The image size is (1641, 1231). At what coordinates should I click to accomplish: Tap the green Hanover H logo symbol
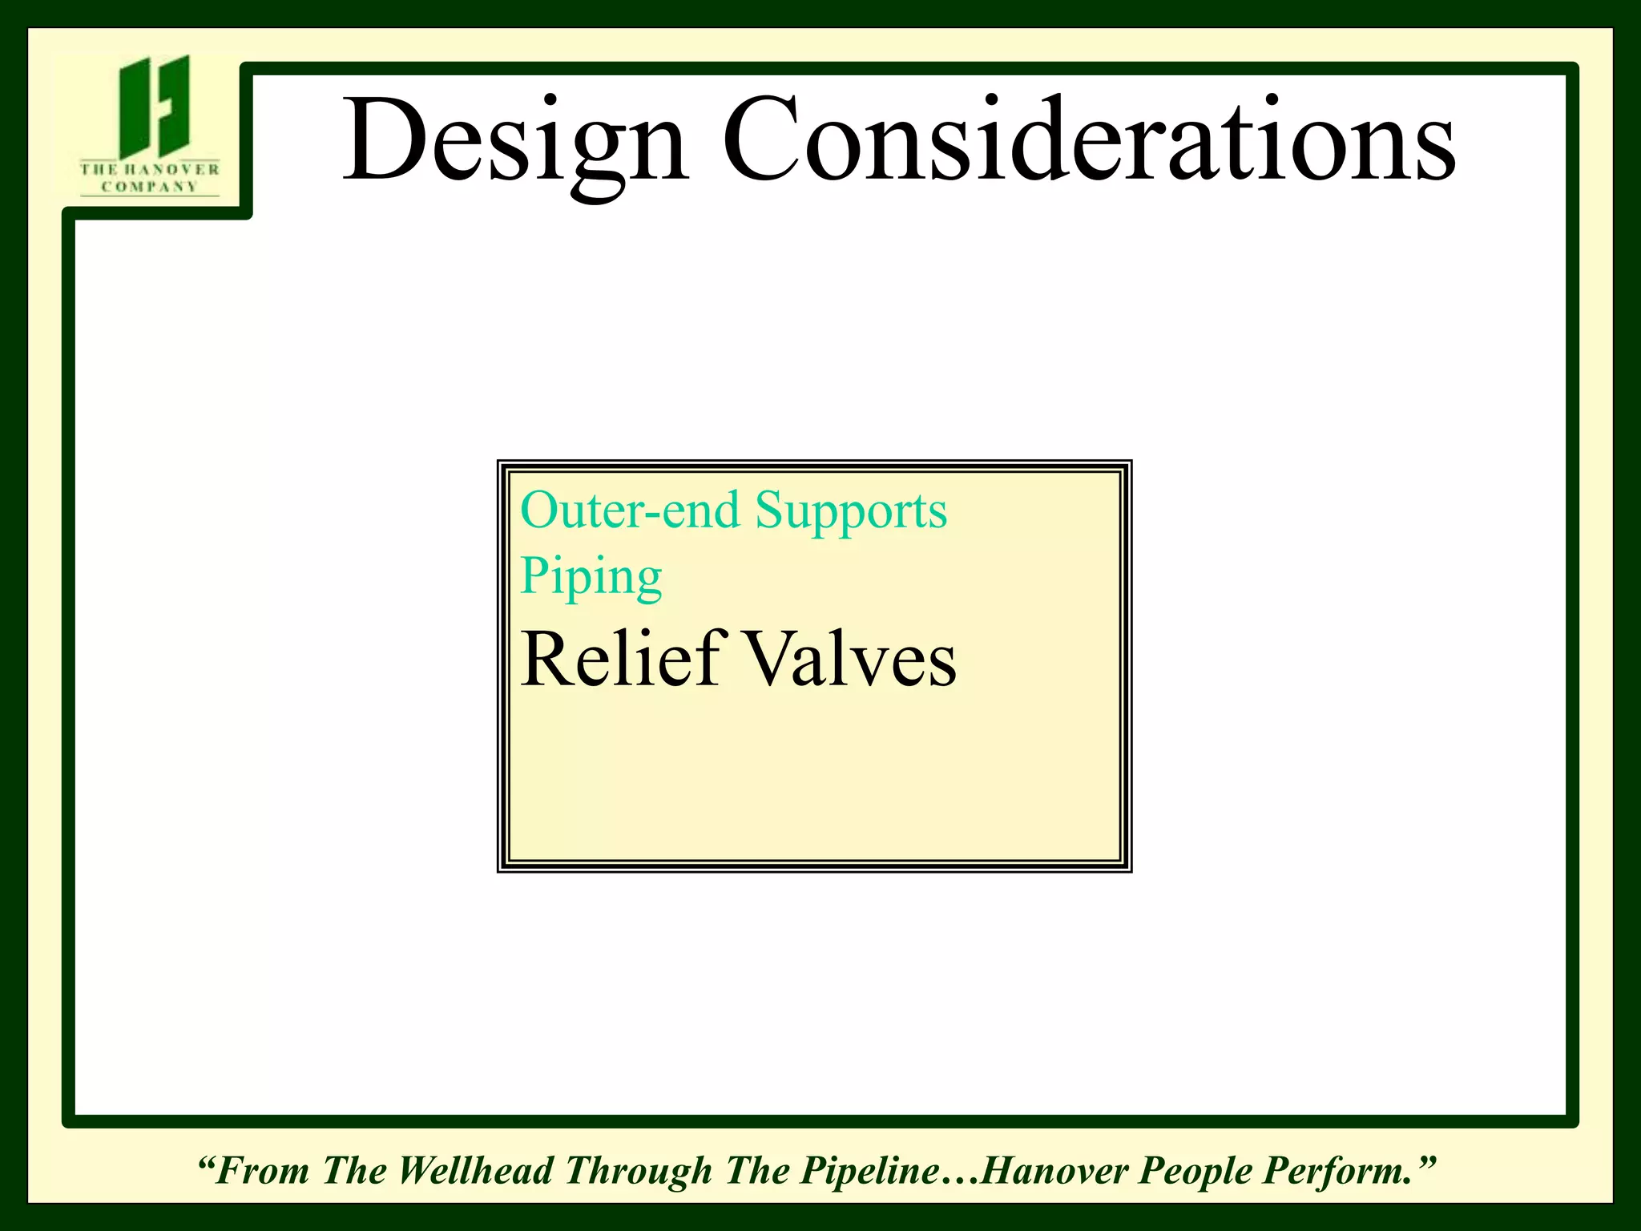coord(155,106)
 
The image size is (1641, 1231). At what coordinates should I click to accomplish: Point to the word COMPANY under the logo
coord(150,187)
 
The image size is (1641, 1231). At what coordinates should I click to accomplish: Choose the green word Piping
coord(591,577)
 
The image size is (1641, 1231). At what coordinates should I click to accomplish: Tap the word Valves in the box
coord(852,660)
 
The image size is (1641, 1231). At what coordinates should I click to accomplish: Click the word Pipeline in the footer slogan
coord(870,1170)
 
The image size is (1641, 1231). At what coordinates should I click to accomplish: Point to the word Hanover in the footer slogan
coord(1054,1170)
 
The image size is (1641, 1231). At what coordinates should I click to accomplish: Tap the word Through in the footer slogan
coord(638,1172)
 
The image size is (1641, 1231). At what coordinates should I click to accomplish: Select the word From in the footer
coord(262,1170)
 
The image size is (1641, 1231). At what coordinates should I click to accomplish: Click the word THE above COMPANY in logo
coord(98,169)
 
